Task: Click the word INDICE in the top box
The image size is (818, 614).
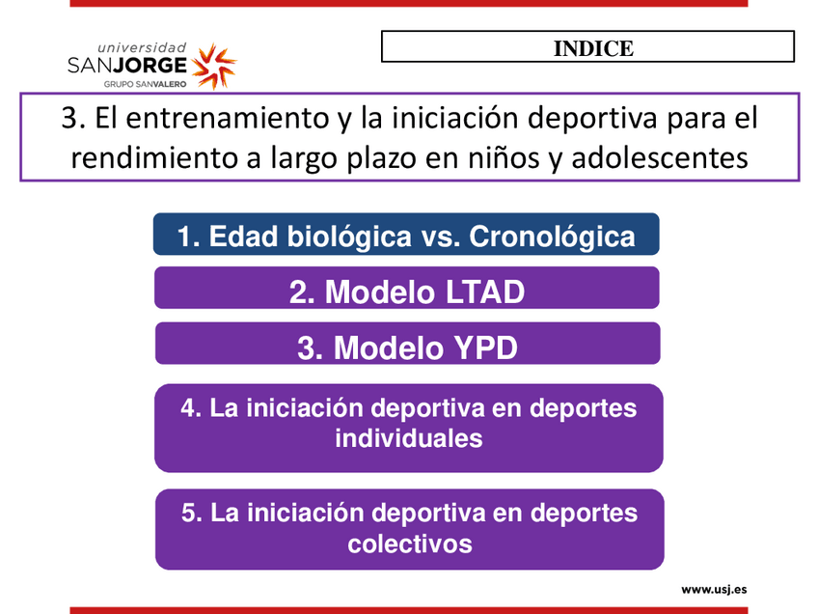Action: [593, 48]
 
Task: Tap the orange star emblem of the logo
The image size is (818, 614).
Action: [214, 66]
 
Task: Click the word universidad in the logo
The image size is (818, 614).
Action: [142, 48]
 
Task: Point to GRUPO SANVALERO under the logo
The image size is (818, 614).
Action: [145, 84]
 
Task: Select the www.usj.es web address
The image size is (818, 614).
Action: [714, 590]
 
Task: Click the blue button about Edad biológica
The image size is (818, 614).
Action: [406, 234]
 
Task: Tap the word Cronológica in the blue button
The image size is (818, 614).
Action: [552, 236]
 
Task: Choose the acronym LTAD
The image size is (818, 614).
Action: [477, 292]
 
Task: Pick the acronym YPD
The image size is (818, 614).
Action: [478, 348]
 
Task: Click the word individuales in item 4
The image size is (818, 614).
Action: [409, 438]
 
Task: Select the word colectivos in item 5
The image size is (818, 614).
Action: [410, 544]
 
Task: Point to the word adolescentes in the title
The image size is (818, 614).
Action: [660, 157]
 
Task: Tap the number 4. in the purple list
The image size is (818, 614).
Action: [191, 407]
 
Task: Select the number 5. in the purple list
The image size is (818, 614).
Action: [192, 513]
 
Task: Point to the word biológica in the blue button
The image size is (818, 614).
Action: [349, 236]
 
